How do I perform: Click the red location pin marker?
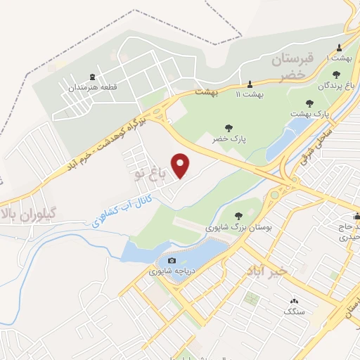[182, 165]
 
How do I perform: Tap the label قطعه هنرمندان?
[91, 88]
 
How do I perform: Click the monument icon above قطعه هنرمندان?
[92, 77]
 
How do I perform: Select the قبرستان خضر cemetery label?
[286, 67]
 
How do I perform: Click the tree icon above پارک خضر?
[229, 128]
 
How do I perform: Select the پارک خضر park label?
[229, 139]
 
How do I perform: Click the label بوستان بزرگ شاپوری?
[238, 228]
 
